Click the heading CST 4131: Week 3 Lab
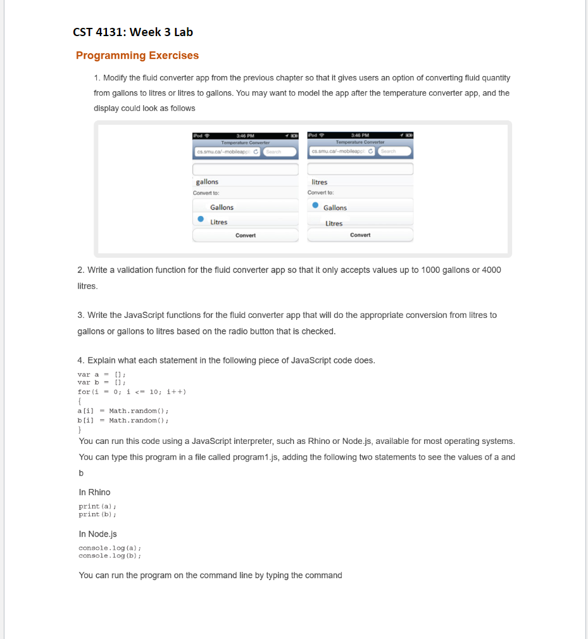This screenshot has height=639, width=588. click(x=133, y=32)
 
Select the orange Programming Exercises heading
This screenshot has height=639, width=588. click(x=137, y=56)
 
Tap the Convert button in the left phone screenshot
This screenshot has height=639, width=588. click(x=246, y=236)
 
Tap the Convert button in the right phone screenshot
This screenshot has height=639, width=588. click(x=360, y=236)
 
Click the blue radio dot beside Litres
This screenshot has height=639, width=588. click(x=200, y=220)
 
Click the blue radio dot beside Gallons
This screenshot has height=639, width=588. click(x=315, y=206)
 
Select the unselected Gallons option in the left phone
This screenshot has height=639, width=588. click(x=222, y=207)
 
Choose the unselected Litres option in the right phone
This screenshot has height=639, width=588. click(x=334, y=223)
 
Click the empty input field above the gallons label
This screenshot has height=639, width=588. click(x=246, y=169)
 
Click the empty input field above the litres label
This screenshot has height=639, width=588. click(x=360, y=169)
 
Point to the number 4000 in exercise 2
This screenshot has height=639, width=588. click(x=491, y=270)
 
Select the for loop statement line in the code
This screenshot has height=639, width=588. click(x=131, y=391)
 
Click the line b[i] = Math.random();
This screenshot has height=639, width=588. click(x=123, y=420)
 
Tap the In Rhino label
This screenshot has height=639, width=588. click(x=94, y=492)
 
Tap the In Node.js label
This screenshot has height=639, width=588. click(x=98, y=534)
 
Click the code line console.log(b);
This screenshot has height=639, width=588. click(x=109, y=555)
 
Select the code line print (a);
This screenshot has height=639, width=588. click(x=97, y=506)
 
